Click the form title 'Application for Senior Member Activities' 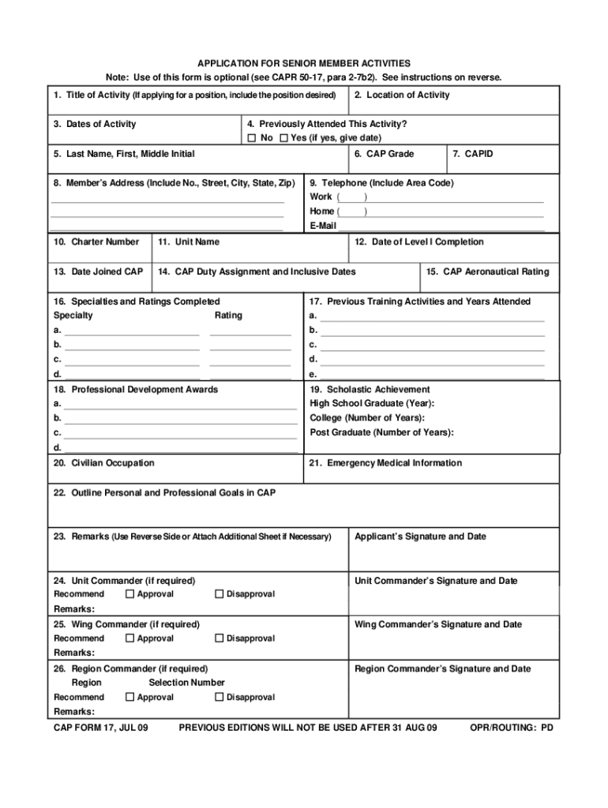click(x=304, y=63)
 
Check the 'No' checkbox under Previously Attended click(x=252, y=138)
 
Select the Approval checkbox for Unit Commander click(x=130, y=593)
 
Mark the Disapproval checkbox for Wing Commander click(x=220, y=638)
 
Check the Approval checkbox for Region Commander click(x=130, y=697)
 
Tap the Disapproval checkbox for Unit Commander click(x=220, y=593)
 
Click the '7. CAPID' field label click(x=473, y=154)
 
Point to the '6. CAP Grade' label click(x=385, y=154)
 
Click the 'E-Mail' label click(x=323, y=226)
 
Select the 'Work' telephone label click(x=321, y=196)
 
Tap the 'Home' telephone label click(x=322, y=211)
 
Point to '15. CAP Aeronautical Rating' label click(x=487, y=272)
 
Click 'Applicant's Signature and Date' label click(x=421, y=537)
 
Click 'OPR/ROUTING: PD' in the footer click(x=512, y=728)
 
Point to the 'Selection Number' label click(x=186, y=683)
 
